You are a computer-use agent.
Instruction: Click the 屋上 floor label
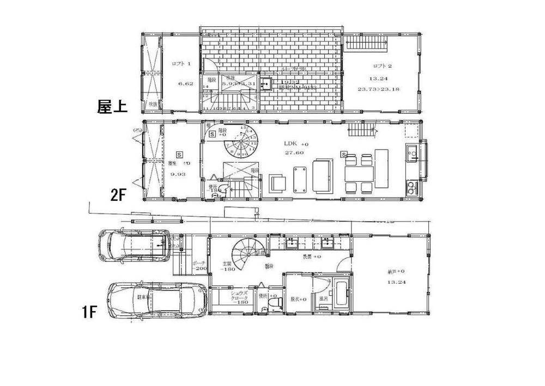tap(112, 105)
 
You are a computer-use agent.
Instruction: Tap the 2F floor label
tap(119, 195)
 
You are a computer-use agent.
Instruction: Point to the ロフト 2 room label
tap(379, 65)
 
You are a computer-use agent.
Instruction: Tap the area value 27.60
tap(293, 153)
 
